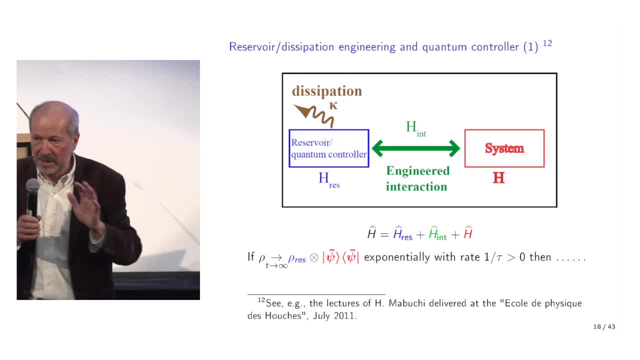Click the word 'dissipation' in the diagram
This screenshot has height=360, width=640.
327,91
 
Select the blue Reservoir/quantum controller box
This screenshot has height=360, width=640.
329,148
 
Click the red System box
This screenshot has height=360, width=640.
504,148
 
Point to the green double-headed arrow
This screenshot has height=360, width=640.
416,148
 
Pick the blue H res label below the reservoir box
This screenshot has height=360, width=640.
329,180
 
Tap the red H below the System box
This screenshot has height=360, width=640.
498,177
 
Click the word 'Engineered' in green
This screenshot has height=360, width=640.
417,171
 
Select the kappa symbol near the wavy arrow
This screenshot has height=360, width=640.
333,106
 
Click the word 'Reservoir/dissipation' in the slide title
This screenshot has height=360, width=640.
281,47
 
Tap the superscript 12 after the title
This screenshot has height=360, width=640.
547,43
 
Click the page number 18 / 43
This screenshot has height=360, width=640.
604,326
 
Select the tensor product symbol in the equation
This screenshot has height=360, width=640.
314,258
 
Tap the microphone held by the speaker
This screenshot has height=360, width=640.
32,197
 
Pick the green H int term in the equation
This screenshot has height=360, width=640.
437,233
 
